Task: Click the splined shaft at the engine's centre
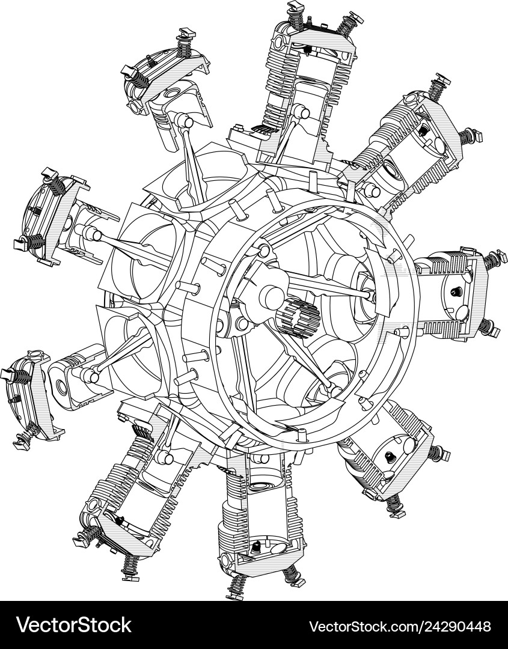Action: tap(296, 315)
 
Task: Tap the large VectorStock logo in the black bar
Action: tap(74, 625)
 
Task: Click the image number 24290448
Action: tap(462, 626)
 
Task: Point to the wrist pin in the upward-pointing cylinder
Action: tap(297, 110)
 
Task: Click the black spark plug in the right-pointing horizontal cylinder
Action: tap(455, 293)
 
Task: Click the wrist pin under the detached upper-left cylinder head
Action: tap(187, 122)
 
